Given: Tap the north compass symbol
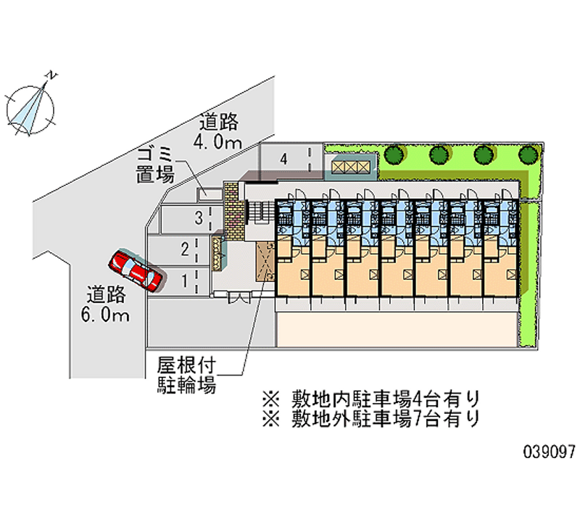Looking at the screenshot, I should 31,108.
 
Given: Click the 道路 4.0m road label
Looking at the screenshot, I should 217,131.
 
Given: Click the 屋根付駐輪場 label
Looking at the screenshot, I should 187,375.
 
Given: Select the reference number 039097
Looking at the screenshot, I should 549,451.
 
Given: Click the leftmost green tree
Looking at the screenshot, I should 394,154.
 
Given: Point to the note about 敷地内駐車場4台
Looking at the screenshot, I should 370,399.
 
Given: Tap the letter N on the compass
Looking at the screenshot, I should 52,74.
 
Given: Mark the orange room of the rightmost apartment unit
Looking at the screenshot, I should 500,273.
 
